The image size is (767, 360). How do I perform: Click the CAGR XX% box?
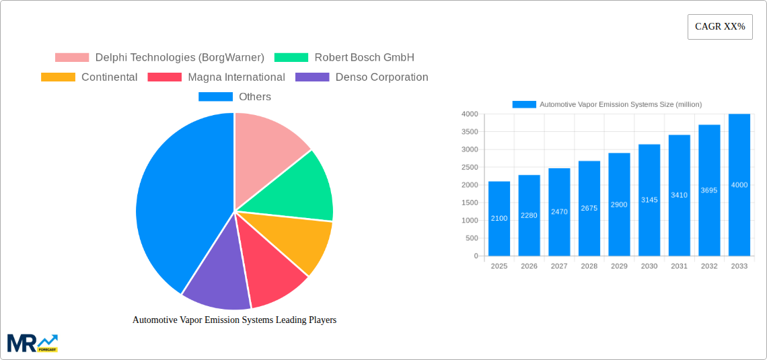click(720, 27)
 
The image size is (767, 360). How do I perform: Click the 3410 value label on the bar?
click(679, 195)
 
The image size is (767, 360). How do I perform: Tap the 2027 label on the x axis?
click(559, 266)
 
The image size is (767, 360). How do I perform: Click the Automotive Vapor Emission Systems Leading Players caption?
click(234, 320)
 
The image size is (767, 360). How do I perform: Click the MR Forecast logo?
click(32, 343)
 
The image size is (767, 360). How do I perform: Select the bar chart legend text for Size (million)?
click(620, 104)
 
